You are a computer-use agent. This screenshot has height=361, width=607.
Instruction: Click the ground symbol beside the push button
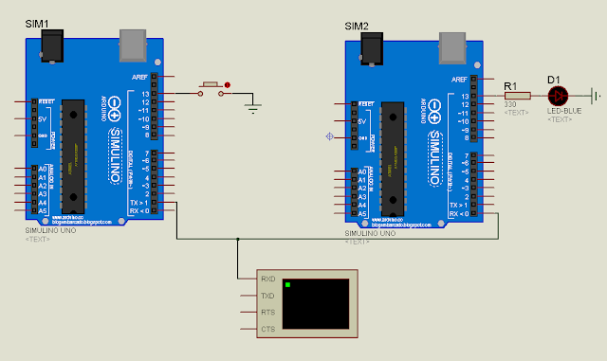(252, 107)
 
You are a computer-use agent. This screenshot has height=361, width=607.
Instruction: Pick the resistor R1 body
(516, 96)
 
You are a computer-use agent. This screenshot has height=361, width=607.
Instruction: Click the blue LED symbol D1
(559, 96)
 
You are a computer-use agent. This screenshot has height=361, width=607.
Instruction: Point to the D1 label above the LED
(555, 79)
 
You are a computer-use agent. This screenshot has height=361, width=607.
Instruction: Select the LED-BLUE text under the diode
(560, 111)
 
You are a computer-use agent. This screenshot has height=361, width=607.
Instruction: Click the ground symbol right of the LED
(596, 96)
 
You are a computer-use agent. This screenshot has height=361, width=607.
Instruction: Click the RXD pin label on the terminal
(267, 280)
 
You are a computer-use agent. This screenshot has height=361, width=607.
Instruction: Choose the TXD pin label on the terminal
(267, 296)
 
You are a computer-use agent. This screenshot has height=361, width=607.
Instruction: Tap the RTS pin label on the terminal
(267, 312)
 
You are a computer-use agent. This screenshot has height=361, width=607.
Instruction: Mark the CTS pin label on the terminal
(267, 329)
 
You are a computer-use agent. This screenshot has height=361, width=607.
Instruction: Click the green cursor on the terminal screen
(287, 284)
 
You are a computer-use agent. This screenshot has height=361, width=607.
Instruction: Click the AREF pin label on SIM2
(459, 80)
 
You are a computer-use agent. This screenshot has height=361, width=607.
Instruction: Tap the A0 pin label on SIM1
(41, 170)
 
